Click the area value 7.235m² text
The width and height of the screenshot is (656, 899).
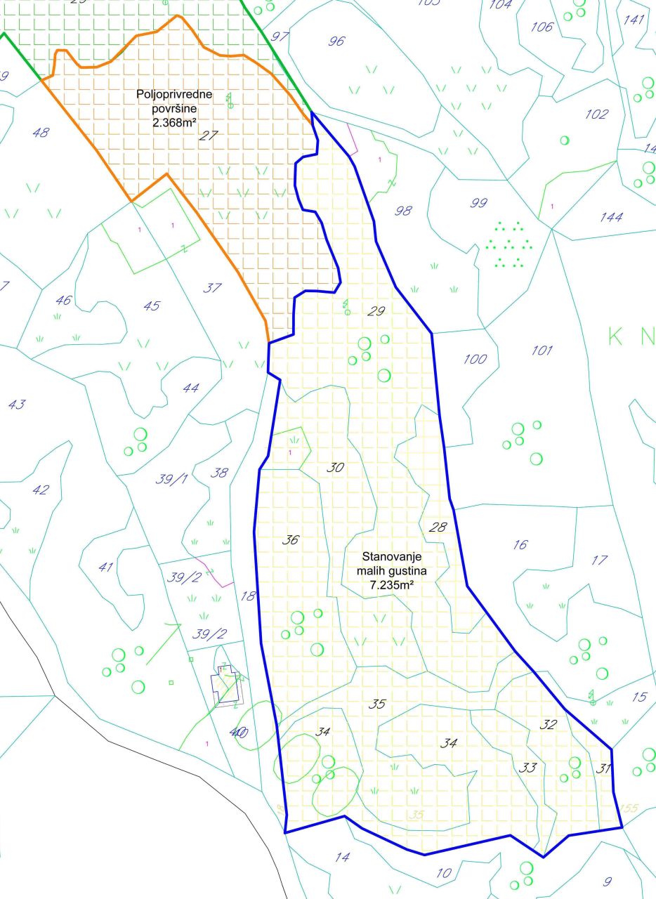(389, 583)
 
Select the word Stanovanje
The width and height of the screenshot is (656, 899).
(389, 556)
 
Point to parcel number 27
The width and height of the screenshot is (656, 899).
(208, 136)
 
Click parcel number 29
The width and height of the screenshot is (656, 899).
(376, 311)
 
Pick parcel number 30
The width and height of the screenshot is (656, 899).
(336, 467)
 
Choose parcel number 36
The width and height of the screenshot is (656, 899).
(291, 540)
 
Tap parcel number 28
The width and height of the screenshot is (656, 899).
(437, 527)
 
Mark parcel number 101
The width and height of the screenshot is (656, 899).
(541, 350)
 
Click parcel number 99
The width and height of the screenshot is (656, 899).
(479, 204)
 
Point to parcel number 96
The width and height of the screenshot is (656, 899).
(337, 41)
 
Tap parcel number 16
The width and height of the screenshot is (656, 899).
(520, 545)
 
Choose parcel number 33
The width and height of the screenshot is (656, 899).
(528, 768)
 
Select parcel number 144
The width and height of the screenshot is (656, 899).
(611, 218)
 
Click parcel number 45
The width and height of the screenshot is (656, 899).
(151, 306)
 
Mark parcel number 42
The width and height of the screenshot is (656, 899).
(41, 490)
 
